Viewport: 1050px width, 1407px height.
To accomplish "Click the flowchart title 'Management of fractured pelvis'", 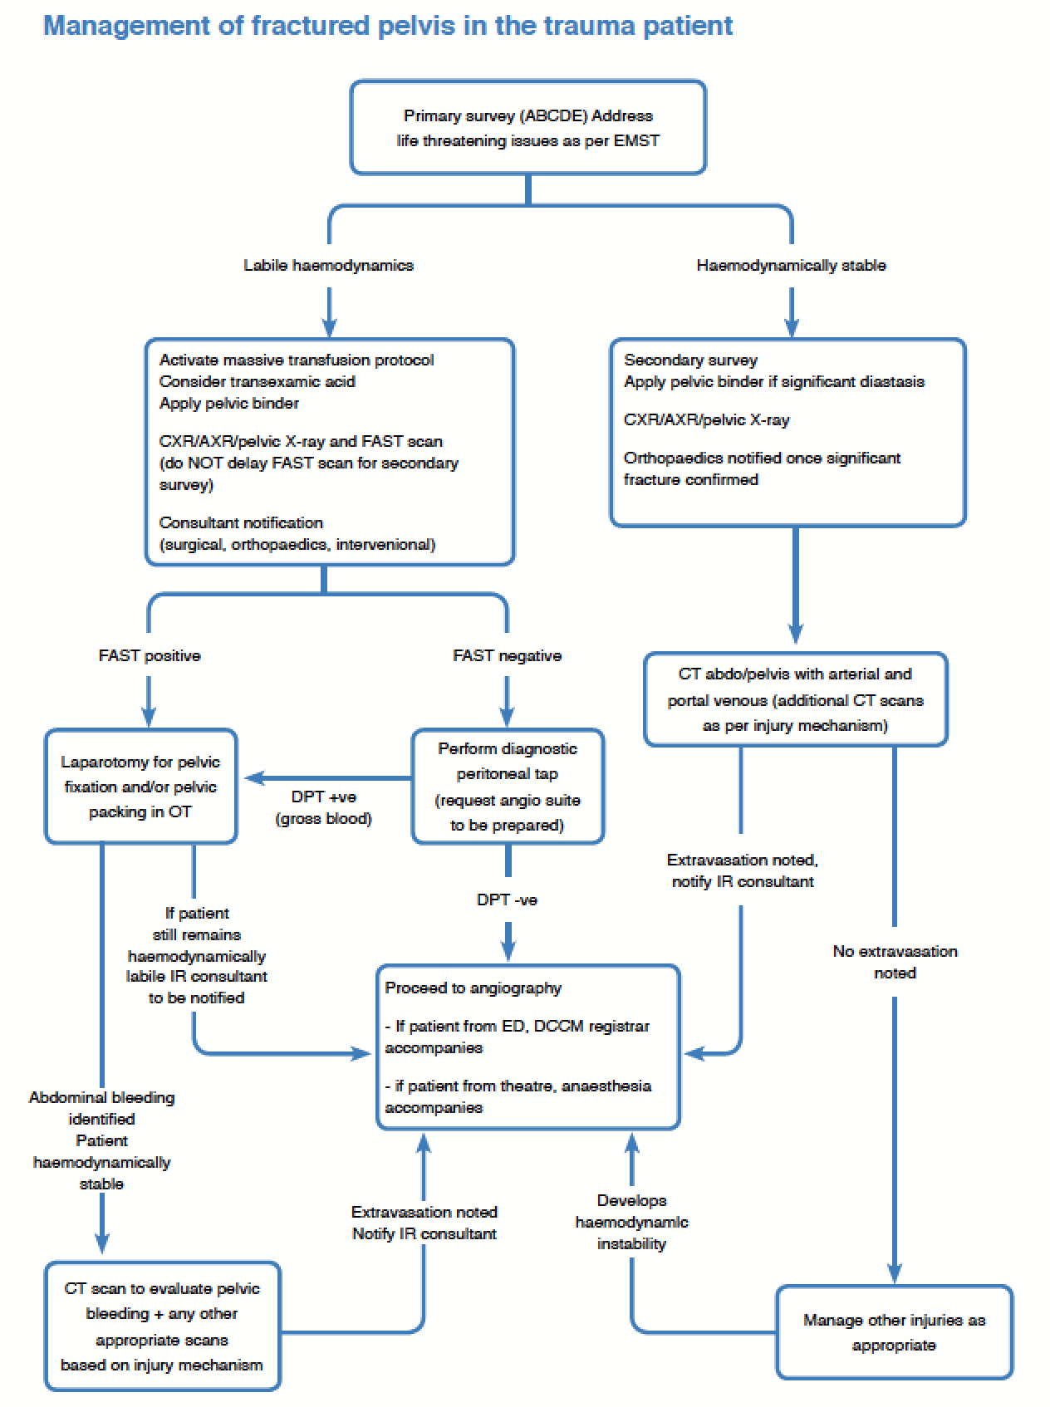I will [x=387, y=26].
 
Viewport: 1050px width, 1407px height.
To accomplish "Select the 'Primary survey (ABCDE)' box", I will [x=527, y=128].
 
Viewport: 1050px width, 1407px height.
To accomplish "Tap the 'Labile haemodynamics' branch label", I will [x=328, y=266].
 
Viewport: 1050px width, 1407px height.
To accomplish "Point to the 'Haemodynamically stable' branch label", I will [x=791, y=266].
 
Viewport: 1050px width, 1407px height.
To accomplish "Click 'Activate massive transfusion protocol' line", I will [x=297, y=360].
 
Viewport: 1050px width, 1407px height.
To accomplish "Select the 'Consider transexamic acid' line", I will [x=257, y=382].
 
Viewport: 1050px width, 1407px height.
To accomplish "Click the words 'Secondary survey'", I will [x=690, y=360].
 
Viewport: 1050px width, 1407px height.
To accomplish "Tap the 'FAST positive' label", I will [x=150, y=656].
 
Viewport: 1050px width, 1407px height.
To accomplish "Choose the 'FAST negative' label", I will [x=507, y=656].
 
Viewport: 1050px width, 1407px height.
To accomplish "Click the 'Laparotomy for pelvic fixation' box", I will [x=140, y=787].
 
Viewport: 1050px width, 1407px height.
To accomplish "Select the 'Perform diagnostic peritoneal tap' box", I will [x=508, y=787].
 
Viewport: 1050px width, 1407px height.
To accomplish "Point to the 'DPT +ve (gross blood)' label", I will [x=323, y=807].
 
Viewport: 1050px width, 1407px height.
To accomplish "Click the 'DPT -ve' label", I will [x=507, y=900].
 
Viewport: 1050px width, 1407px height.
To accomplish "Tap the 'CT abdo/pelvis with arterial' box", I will [x=795, y=699].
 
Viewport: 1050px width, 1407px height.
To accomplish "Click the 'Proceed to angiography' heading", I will [x=473, y=988].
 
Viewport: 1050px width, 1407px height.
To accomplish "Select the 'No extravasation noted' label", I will [x=895, y=962].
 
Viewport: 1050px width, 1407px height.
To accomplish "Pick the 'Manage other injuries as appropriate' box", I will [x=894, y=1332].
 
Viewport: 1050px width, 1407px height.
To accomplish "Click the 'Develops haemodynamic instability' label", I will [x=631, y=1222].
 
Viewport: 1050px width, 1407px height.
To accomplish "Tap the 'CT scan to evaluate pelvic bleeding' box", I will [x=162, y=1326].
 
